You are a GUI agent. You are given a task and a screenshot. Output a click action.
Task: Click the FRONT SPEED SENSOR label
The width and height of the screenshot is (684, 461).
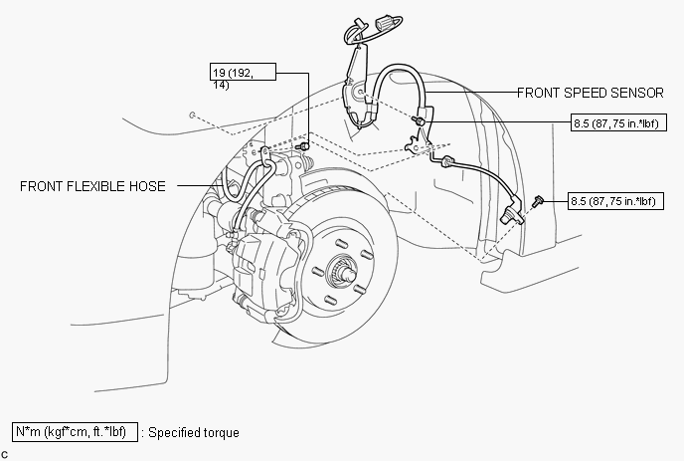(x=590, y=93)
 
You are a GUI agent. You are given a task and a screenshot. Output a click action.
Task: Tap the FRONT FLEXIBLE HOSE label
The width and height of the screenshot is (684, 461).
(x=92, y=186)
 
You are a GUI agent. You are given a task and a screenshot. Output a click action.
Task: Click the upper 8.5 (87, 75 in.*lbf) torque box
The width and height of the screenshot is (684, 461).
(x=617, y=123)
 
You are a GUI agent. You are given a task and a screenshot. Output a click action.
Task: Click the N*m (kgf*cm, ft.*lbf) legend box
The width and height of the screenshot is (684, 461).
(x=75, y=432)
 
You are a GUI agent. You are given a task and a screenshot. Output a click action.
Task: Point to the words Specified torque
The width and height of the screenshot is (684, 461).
(x=194, y=433)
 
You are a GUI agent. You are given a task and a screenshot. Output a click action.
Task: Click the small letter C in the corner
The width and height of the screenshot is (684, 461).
(x=5, y=454)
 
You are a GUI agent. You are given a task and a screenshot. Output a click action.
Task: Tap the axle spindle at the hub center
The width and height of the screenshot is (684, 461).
(x=343, y=269)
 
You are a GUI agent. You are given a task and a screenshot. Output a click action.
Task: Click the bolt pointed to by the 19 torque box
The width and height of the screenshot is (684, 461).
(x=304, y=146)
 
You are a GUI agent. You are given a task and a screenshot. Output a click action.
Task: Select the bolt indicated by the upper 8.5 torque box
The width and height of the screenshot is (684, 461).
(x=421, y=120)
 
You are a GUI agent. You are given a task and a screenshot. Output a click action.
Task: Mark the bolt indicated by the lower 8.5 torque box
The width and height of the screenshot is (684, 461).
(x=538, y=200)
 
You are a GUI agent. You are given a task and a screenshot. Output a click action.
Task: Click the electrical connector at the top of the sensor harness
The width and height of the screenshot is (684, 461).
(x=383, y=19)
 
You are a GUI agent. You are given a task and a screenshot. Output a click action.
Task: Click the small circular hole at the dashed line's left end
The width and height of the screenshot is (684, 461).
(x=190, y=115)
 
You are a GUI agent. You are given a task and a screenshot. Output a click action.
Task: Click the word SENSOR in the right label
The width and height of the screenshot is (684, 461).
(x=635, y=93)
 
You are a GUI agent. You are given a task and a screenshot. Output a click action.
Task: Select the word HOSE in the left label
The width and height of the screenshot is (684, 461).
(x=147, y=186)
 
